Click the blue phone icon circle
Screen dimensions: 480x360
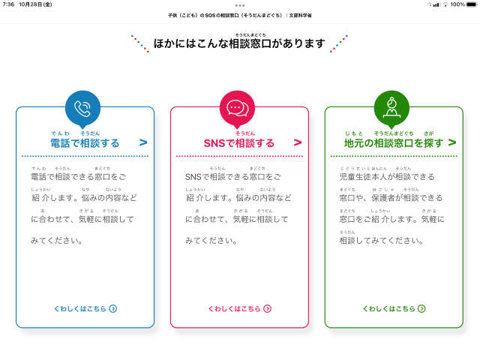click(x=83, y=108)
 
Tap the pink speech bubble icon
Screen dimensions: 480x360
click(x=237, y=108)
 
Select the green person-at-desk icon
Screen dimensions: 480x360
click(x=391, y=108)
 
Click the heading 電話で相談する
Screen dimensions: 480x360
click(x=85, y=142)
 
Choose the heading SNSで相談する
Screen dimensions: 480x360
click(x=239, y=142)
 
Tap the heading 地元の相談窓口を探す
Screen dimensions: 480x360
click(x=394, y=142)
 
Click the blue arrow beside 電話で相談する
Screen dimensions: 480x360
click(x=143, y=142)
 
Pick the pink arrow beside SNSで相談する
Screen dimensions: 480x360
click(x=298, y=142)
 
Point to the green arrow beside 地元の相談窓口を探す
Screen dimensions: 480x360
click(x=452, y=142)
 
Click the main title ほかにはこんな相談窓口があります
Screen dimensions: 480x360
click(x=239, y=43)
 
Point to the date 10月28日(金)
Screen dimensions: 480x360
click(x=36, y=4)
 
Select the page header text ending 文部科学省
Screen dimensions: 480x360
click(x=240, y=16)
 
